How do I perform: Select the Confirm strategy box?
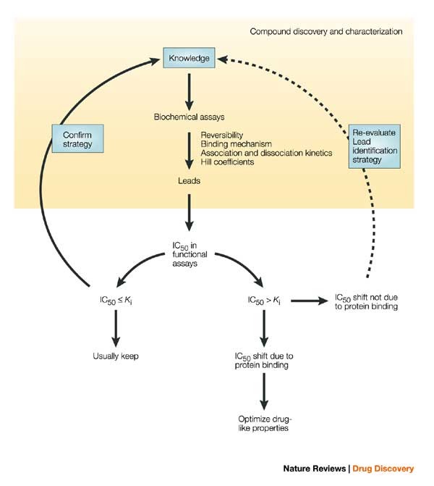pos(77,138)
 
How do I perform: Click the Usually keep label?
pos(115,356)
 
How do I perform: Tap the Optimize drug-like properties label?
pos(264,423)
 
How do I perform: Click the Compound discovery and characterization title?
pos(326,32)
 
